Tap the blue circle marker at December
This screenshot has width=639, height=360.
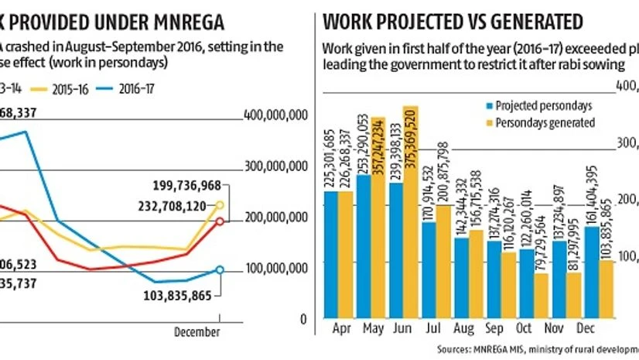point(220,269)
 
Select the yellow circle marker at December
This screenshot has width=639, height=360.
point(220,205)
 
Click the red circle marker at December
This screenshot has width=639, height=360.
point(220,221)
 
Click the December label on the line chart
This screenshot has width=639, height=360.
point(196,331)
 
